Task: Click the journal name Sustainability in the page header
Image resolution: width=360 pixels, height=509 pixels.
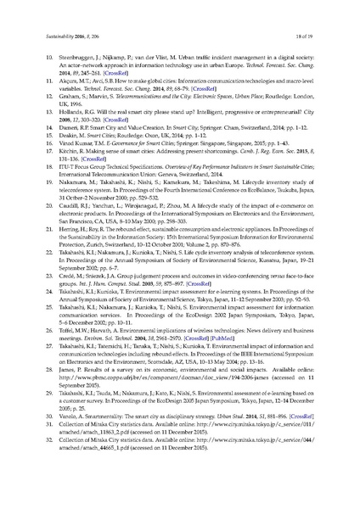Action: [x=59, y=35]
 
